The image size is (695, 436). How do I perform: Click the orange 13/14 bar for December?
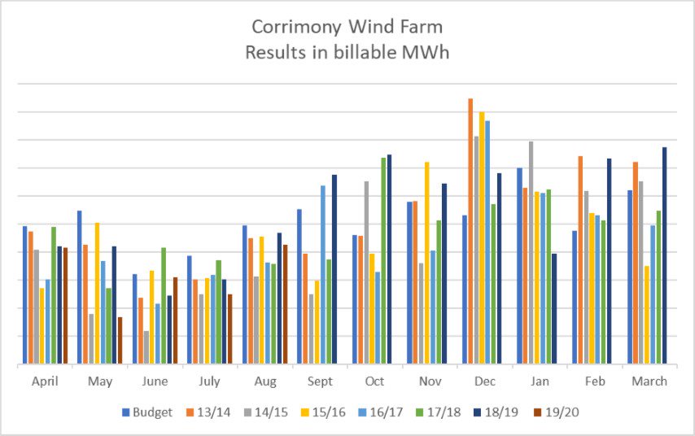tap(470, 232)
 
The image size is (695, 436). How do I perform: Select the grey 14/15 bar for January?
tap(531, 253)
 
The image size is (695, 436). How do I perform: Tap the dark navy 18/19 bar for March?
tap(664, 255)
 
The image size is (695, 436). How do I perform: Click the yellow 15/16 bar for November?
tap(426, 264)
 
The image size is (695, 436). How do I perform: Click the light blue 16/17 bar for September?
tap(322, 275)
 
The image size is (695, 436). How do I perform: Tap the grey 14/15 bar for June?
tap(146, 347)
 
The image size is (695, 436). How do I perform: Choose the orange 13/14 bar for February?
tap(580, 260)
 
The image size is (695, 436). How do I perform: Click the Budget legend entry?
tap(147, 412)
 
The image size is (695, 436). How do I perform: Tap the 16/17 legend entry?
tap(382, 412)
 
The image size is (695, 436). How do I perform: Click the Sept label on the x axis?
tap(320, 381)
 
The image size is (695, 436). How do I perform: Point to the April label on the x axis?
tap(45, 381)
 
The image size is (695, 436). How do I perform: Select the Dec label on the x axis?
tap(484, 381)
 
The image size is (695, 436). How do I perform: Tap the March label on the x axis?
tap(649, 381)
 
